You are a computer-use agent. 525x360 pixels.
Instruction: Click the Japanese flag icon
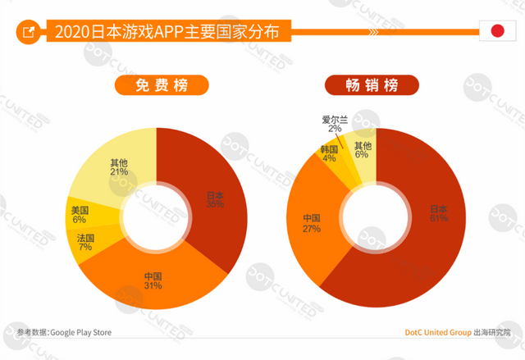pyautogui.click(x=496, y=32)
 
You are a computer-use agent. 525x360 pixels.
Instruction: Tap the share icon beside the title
pyautogui.click(x=28, y=33)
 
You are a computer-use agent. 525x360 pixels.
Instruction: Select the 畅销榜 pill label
pyautogui.click(x=372, y=85)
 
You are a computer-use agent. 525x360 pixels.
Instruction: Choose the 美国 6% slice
pyautogui.click(x=80, y=214)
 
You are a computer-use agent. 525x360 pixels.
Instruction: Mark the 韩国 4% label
pyautogui.click(x=329, y=153)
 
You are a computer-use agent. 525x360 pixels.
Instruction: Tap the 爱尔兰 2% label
pyautogui.click(x=334, y=123)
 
